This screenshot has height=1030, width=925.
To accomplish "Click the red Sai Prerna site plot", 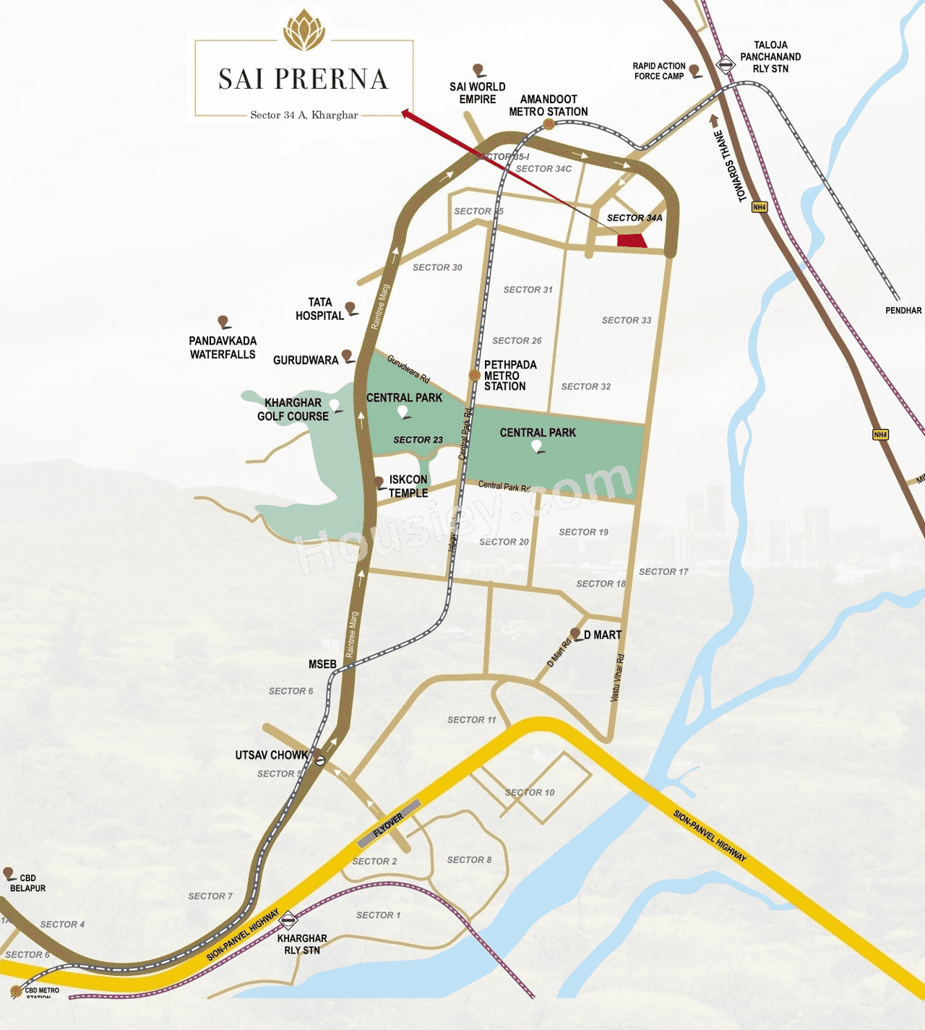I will point(632,241).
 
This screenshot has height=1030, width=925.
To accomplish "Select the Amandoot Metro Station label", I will point(548,105).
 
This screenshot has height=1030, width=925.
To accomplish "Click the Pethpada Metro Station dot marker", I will point(475,375).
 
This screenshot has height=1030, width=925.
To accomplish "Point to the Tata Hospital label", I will point(319,309).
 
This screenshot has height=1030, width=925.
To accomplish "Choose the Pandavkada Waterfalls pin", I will point(223,321).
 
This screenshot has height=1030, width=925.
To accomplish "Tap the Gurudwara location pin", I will point(347,355).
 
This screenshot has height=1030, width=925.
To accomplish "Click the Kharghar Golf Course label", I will point(293,410).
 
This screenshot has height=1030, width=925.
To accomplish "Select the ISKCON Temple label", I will point(408,486).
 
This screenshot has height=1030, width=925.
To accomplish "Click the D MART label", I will point(603,635).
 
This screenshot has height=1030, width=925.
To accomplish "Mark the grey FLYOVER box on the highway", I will point(389,824).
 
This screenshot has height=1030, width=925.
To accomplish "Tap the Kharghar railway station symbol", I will point(288,919).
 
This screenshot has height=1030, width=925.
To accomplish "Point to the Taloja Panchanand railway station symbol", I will point(725,65).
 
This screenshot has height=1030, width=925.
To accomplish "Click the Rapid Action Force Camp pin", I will point(694,70).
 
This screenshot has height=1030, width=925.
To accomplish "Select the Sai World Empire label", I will point(477,93).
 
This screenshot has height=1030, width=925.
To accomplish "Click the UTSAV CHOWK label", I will point(271,756).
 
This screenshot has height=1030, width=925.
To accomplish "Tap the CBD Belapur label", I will point(27,883).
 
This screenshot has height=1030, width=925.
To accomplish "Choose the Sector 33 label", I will point(627,320).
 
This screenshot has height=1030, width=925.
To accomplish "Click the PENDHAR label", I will point(903,311).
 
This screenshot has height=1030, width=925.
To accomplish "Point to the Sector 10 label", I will point(530,792).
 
